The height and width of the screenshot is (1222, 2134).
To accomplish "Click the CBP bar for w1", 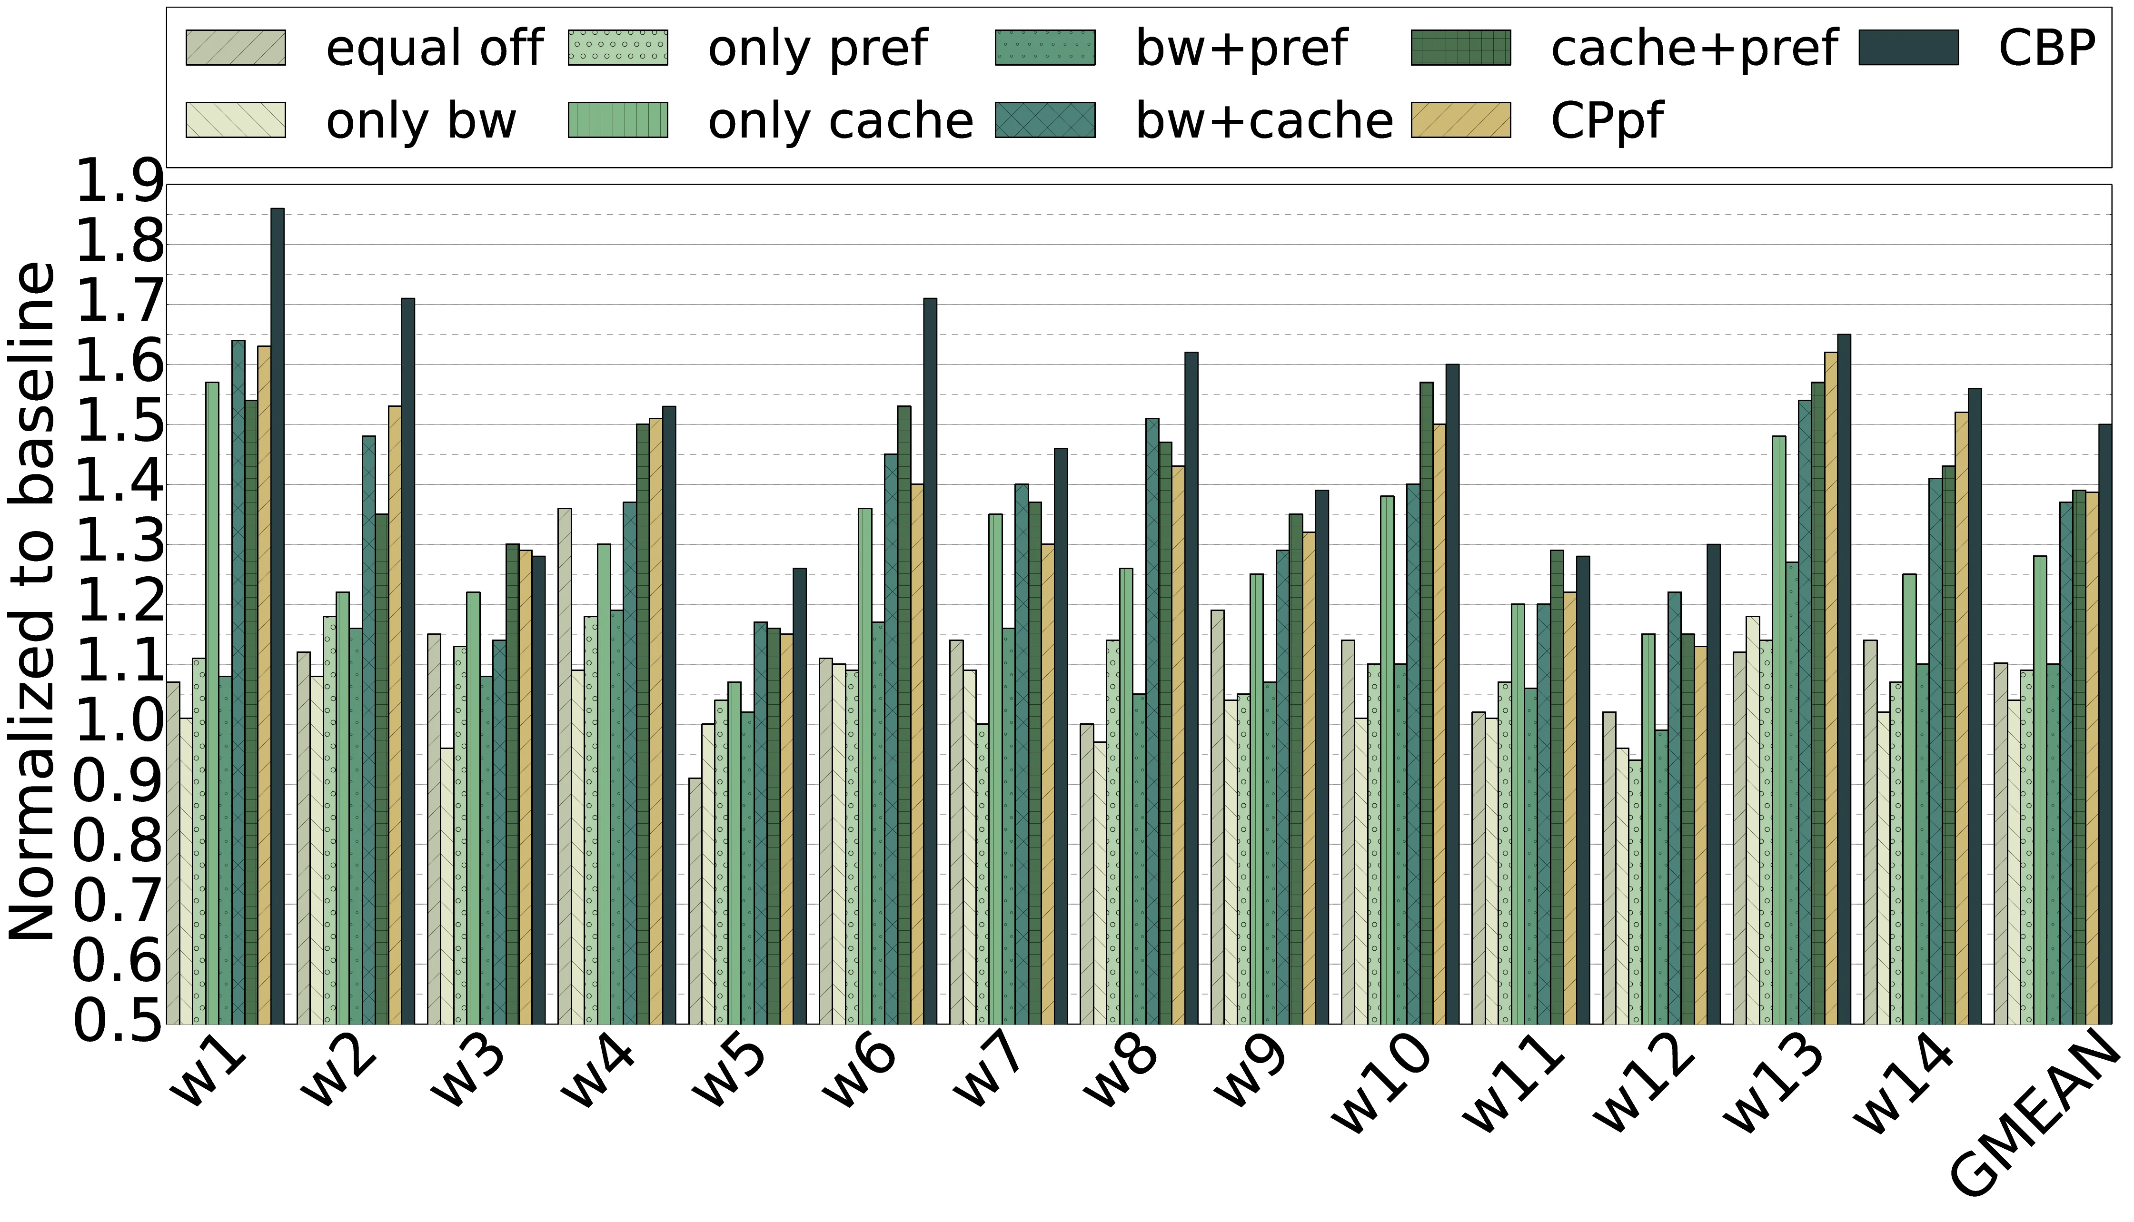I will point(277,616).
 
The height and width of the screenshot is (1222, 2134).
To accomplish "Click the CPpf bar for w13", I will point(1831,688).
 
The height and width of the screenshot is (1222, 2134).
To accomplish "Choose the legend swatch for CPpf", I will point(1461,120).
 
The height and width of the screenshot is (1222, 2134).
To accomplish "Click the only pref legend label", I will point(818,48).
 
